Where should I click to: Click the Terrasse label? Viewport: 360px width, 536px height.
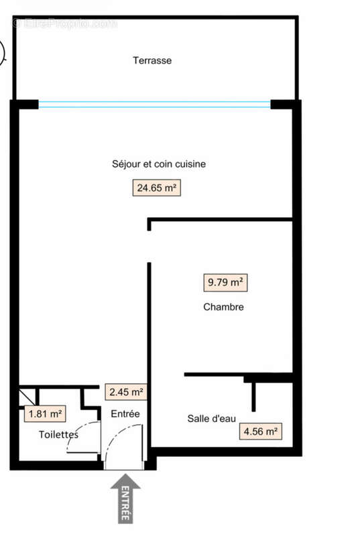152,60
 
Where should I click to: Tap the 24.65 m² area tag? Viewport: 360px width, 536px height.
157,188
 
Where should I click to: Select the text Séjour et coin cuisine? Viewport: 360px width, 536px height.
158,164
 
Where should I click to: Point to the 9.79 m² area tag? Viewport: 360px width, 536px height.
225,283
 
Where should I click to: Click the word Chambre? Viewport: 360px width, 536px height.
223,308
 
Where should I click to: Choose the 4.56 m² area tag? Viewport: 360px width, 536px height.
260,431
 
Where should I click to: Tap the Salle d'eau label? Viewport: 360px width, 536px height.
211,419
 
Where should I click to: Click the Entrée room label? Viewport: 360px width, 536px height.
125,414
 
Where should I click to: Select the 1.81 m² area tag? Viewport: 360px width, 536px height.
45,414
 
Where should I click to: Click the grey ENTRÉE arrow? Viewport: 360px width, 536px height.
125,497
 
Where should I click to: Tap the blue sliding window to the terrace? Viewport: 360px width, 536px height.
154,104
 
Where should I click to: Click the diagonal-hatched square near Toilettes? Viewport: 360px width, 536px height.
25,394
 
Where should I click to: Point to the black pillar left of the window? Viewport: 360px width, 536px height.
25,104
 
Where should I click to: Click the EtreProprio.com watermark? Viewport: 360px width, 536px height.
64,23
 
